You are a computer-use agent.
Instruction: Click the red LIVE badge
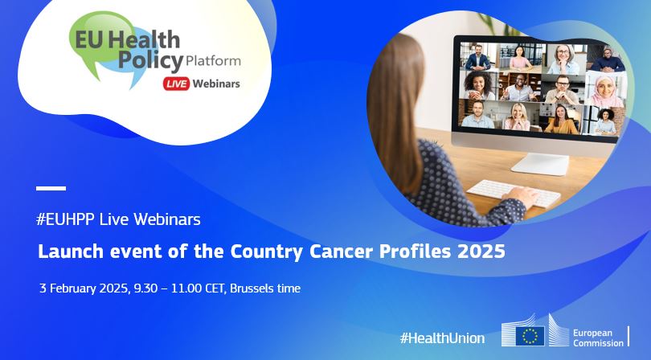coord(176,83)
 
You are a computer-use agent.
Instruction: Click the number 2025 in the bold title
coord(482,252)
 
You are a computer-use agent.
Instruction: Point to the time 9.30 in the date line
coord(142,288)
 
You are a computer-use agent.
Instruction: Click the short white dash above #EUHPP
coord(51,188)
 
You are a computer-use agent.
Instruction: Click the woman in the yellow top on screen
coord(560,120)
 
